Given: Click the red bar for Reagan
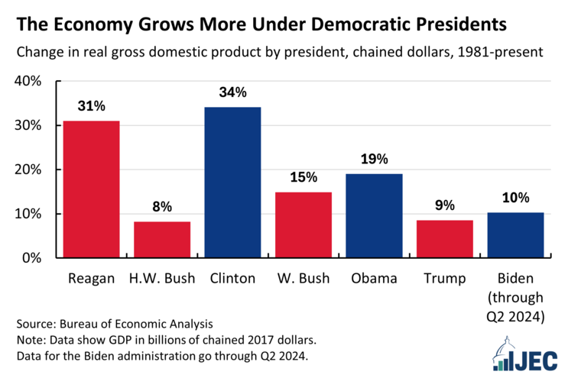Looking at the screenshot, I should click(91, 189).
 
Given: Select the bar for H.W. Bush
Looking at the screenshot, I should click(162, 239).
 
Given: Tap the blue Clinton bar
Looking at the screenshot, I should click(232, 182).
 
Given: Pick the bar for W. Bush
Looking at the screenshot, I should click(303, 225).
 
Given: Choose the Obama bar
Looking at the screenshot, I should click(375, 215).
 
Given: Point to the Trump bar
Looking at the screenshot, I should click(445, 238).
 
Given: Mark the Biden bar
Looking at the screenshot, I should click(516, 234).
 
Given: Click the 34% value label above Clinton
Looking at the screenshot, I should click(232, 93).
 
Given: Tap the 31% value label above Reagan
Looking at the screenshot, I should click(91, 107).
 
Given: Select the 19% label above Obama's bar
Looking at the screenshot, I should click(375, 160).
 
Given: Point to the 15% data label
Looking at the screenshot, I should click(303, 178).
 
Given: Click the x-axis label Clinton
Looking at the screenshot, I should click(232, 279).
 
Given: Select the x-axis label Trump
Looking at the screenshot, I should click(445, 279).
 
